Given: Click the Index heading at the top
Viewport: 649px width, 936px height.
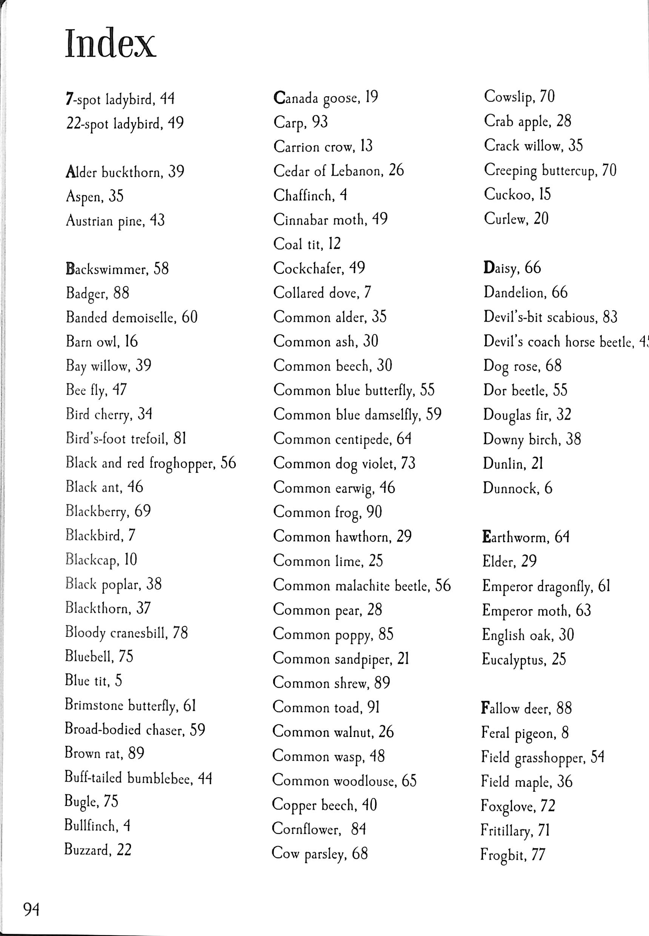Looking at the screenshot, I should [x=110, y=43].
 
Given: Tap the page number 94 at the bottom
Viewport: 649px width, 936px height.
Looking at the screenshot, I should [x=32, y=909].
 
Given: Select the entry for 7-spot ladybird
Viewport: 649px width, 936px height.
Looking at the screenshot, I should [x=120, y=99].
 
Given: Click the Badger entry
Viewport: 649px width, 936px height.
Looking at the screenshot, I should [x=98, y=293].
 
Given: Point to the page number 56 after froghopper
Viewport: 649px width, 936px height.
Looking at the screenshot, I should [x=228, y=463].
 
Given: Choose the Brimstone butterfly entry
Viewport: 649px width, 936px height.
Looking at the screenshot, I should [x=131, y=705].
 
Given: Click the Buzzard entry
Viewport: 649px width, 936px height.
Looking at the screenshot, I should [x=98, y=850].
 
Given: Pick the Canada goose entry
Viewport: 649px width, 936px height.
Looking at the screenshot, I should [x=326, y=98].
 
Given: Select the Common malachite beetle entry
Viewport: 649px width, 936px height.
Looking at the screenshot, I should [x=361, y=585].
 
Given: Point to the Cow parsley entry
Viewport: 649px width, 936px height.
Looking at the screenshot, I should [x=320, y=853].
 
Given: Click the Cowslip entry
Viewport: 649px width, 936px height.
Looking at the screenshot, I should [x=519, y=97].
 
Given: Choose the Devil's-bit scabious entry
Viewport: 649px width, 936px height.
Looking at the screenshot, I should [x=550, y=317].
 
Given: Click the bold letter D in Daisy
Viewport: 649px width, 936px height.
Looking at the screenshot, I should [x=488, y=268].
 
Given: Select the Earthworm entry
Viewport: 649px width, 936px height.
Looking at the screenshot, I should [x=525, y=537].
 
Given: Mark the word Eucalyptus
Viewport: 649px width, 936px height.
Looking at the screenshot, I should [x=513, y=660].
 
